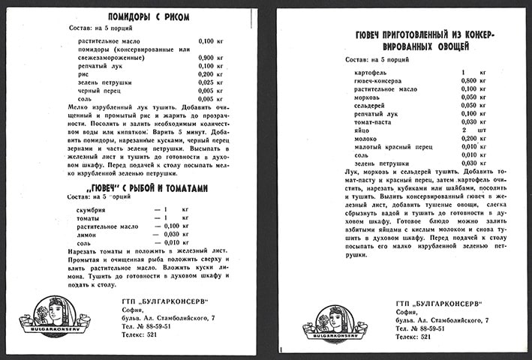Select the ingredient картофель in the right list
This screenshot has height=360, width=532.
[369, 71]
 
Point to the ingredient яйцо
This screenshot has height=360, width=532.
[361, 129]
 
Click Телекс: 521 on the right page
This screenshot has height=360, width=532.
[417, 337]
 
